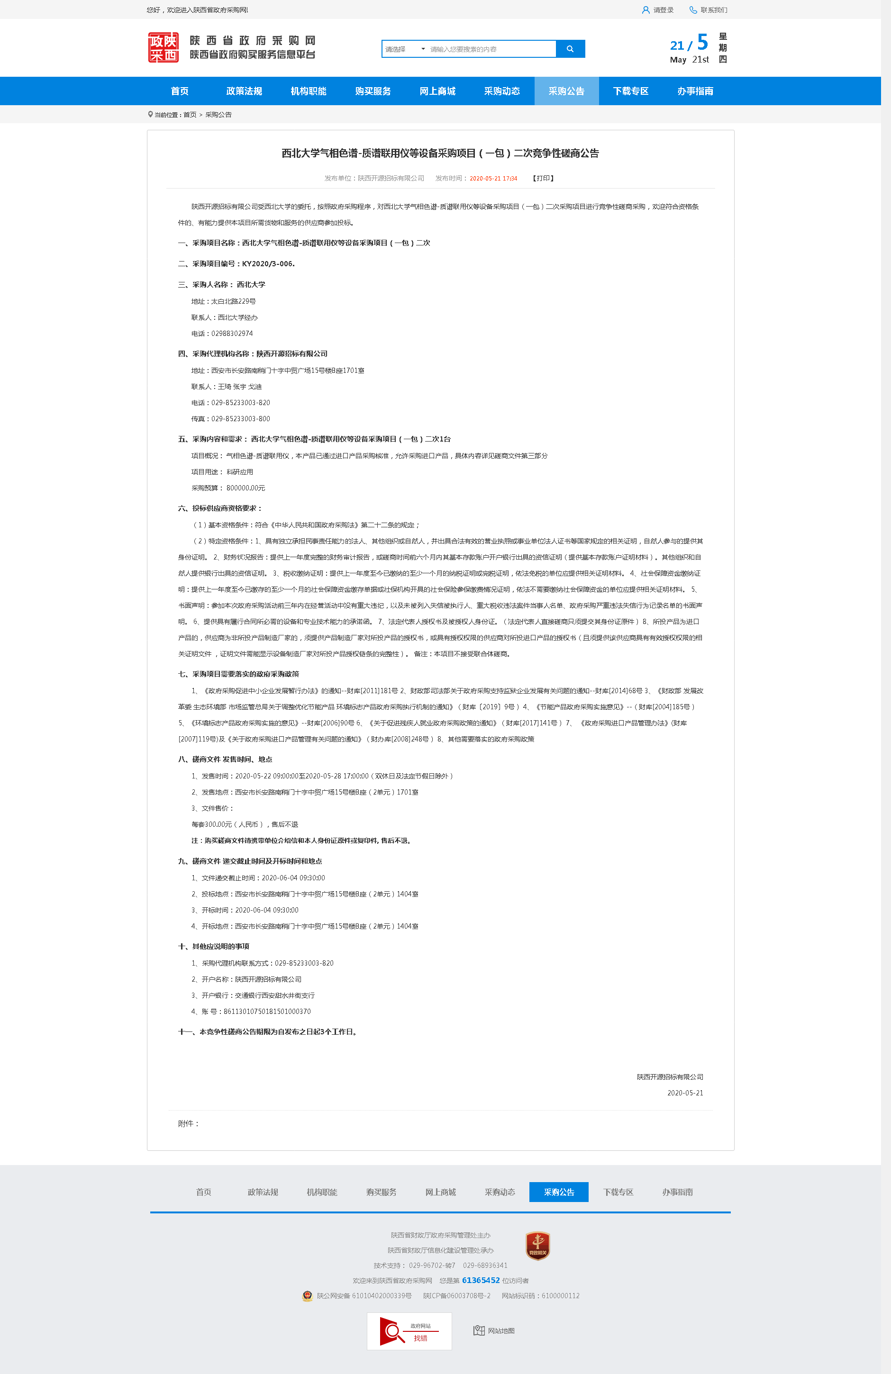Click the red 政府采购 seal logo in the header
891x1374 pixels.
click(164, 48)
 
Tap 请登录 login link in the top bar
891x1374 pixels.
click(658, 10)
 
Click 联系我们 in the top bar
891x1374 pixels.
click(709, 10)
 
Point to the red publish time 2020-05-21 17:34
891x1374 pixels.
click(493, 179)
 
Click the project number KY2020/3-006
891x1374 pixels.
click(268, 264)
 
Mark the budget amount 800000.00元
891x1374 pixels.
click(245, 488)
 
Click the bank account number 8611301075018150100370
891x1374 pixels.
click(267, 1012)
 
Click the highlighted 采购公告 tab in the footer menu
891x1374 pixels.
click(558, 1192)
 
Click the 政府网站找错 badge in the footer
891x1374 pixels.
click(409, 1331)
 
